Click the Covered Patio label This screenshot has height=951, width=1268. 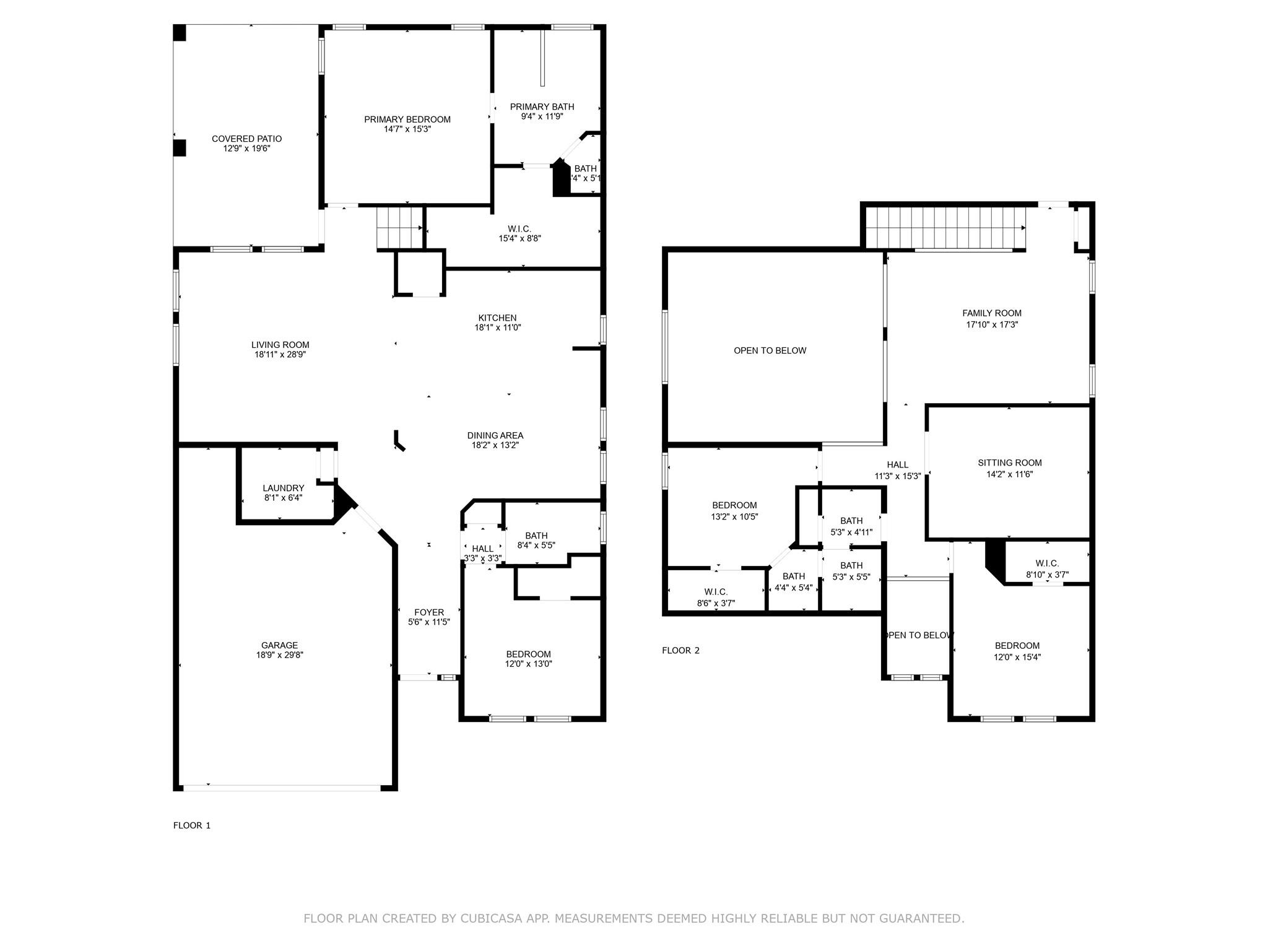coord(246,139)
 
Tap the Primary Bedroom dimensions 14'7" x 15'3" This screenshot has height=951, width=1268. coord(407,129)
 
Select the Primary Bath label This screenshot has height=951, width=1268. coord(542,106)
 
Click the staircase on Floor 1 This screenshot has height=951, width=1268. coord(399,228)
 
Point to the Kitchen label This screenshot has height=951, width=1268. coord(497,318)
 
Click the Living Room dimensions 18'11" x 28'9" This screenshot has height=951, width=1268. coord(280,355)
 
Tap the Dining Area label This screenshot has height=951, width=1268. coord(495,435)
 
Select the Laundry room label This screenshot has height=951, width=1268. coord(283,488)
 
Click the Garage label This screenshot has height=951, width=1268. coord(279,645)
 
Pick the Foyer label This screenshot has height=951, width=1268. coord(429,612)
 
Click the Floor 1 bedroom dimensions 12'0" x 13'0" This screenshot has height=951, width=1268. coord(528,664)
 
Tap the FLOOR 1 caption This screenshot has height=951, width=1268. coord(192,825)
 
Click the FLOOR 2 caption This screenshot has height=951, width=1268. coord(680,650)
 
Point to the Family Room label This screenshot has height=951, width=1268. coord(991,313)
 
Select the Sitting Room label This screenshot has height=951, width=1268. coord(1009,462)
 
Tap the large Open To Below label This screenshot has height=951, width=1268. coord(770,350)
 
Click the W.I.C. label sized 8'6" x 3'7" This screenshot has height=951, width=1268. coord(716,592)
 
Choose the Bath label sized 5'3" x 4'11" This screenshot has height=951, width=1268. coord(851,521)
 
